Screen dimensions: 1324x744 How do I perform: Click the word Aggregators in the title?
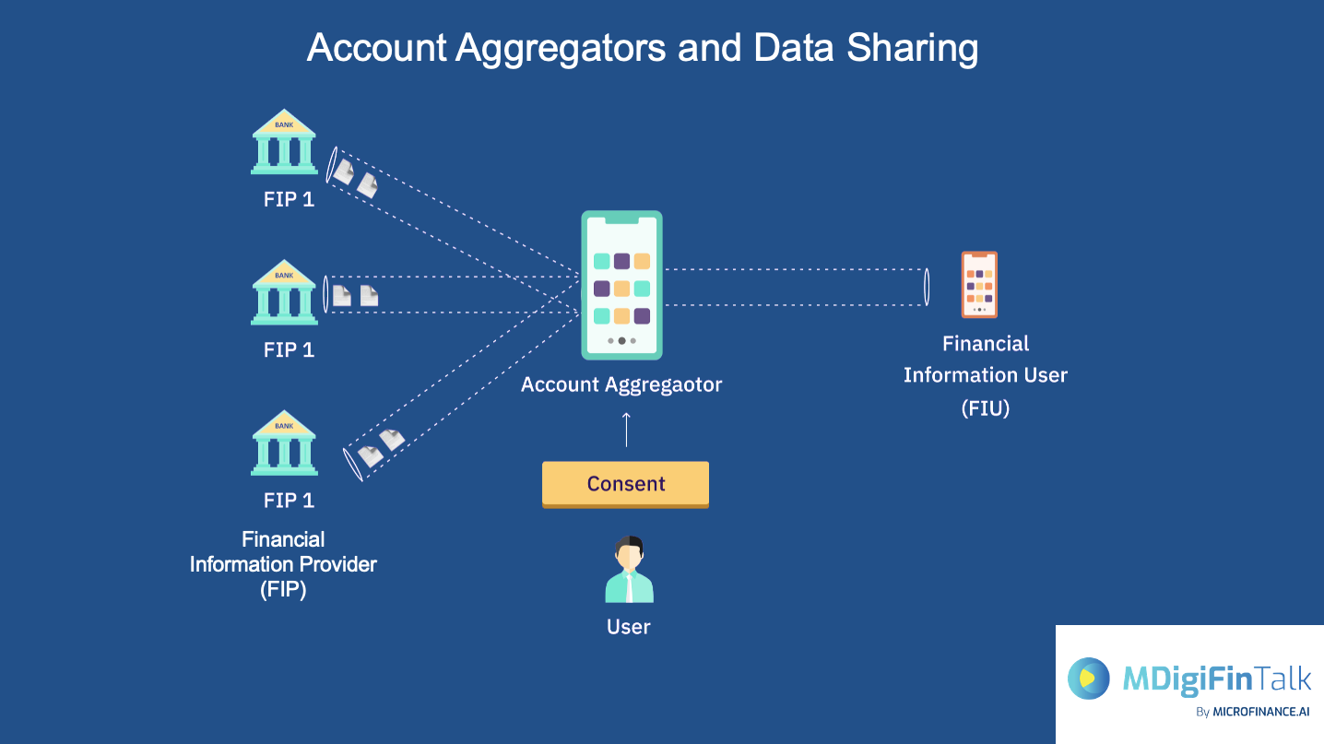[x=560, y=48]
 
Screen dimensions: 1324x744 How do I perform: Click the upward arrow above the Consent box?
[x=626, y=429]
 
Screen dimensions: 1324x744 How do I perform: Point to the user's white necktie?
[x=629, y=585]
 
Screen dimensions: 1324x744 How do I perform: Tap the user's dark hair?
[x=629, y=542]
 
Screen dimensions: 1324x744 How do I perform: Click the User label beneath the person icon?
[x=629, y=627]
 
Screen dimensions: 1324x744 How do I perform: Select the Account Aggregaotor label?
[x=621, y=384]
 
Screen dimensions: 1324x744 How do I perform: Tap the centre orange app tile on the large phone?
[x=621, y=289]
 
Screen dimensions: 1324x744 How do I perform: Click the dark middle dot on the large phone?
[x=621, y=340]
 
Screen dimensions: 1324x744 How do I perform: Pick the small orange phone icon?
[x=979, y=285]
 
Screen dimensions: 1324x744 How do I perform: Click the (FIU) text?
[x=985, y=407]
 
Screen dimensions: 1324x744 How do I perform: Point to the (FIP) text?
[x=283, y=589]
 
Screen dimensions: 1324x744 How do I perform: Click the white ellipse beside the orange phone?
[x=926, y=287]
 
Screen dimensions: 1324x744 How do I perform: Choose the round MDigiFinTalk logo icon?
[x=1089, y=679]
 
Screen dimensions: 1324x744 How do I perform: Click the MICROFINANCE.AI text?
[x=1260, y=712]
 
